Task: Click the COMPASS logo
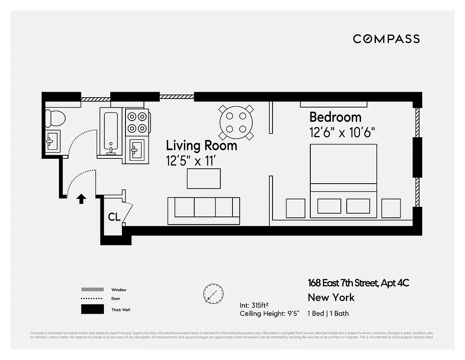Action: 386,39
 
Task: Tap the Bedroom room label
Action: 335,117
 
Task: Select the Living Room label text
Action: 201,145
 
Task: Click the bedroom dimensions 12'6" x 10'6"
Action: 342,132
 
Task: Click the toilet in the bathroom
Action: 56,118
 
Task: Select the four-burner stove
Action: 137,122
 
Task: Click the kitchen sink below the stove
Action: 137,148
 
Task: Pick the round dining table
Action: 236,122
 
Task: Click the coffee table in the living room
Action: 204,179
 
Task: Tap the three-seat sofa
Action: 204,210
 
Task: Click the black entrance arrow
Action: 81,198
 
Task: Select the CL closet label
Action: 114,217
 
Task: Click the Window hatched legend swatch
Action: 92,290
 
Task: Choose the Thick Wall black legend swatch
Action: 92,310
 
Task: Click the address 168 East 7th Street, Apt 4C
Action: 358,283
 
